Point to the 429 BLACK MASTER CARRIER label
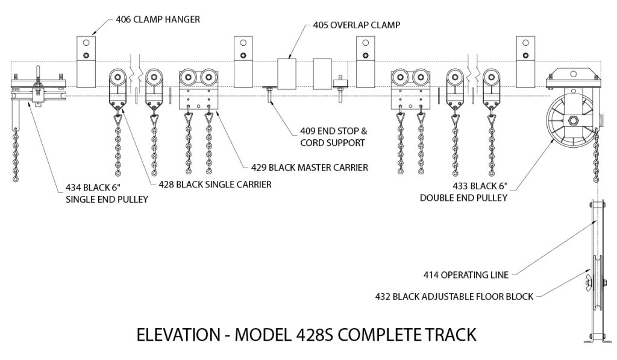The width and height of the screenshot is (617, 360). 311,166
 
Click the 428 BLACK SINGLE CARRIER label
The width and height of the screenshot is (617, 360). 215,185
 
